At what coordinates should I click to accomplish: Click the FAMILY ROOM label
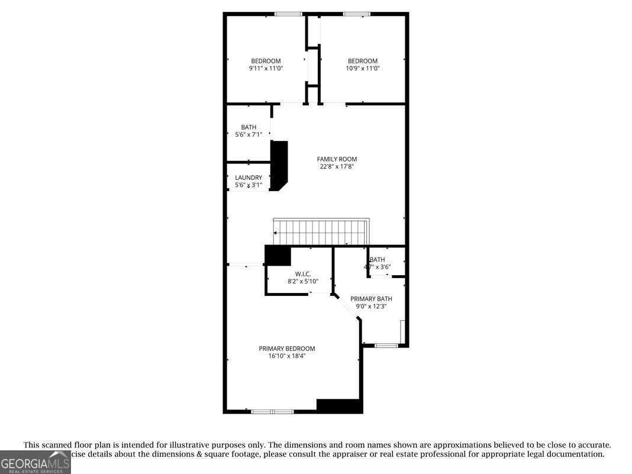tap(337, 159)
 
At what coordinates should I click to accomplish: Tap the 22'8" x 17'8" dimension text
tap(337, 166)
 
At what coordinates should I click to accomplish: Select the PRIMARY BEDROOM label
tap(286, 349)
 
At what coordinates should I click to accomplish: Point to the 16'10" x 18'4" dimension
tap(286, 356)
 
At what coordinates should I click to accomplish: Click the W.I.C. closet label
tap(303, 274)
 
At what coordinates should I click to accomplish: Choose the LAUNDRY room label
tap(249, 178)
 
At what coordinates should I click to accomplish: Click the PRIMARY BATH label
tap(371, 299)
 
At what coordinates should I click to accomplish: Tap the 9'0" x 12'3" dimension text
tap(371, 306)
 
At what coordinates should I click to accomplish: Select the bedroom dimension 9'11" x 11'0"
tap(266, 68)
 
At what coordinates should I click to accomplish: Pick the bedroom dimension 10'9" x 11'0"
tap(362, 68)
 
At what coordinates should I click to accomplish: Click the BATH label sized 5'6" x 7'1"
tap(249, 127)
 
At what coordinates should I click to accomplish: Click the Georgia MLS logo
tap(35, 462)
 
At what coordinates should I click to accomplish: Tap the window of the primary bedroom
tap(272, 411)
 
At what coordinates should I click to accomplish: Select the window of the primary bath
tap(386, 345)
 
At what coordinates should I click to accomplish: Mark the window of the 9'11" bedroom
tap(288, 14)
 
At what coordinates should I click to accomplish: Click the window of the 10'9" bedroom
tap(357, 14)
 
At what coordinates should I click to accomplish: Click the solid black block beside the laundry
tap(279, 165)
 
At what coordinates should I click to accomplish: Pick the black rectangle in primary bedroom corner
tap(339, 406)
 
